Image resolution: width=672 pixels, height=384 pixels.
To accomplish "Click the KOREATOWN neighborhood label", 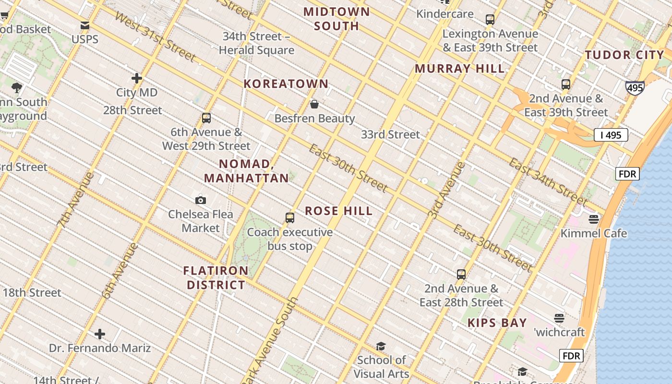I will (286, 84).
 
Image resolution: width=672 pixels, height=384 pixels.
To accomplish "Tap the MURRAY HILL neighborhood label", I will (459, 69).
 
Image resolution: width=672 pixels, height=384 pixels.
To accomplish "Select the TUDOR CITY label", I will (624, 55).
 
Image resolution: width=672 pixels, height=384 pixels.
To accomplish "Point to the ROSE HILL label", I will (338, 211).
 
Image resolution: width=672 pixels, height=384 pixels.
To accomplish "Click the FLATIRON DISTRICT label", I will (216, 278).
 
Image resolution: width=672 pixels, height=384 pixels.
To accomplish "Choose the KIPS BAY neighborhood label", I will (497, 323).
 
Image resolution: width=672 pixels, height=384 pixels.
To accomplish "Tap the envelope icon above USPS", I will (85, 25).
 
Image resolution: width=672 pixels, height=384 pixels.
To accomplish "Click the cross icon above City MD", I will (137, 78).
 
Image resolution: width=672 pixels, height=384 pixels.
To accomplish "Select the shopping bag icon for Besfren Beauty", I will (314, 104).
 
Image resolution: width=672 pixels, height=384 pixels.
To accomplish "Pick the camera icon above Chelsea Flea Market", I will (201, 200).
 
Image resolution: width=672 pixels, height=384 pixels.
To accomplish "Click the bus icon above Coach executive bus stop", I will (290, 218).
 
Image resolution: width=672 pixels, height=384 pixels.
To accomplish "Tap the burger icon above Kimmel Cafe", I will (594, 219).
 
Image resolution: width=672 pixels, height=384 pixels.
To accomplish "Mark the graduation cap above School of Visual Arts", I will (381, 346).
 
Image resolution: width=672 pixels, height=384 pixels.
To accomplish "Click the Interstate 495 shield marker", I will (634, 88).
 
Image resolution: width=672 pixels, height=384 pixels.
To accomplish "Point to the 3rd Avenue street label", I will (446, 191).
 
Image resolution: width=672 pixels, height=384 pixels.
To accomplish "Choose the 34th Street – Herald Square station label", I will (256, 43).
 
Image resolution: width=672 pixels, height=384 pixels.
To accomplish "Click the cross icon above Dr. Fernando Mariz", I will (100, 334).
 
